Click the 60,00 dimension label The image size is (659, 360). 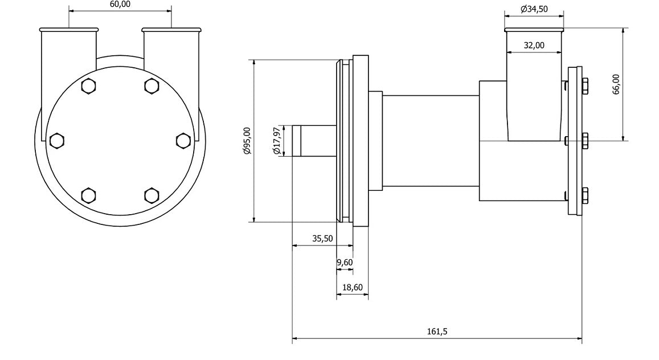(120, 4)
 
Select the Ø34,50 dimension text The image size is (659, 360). (534, 9)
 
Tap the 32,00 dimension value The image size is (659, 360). (534, 46)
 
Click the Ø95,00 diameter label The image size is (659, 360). (247, 141)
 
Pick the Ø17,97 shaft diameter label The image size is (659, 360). (277, 141)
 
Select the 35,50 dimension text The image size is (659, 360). (322, 239)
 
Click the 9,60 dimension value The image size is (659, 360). (345, 263)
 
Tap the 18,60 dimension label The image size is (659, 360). (352, 288)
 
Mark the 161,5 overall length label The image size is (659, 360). (437, 332)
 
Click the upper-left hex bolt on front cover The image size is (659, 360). (88, 86)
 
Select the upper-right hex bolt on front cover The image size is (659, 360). (151, 86)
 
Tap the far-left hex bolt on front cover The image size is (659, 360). (56, 140)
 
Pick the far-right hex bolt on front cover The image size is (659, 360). (183, 140)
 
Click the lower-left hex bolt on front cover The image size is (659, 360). (88, 195)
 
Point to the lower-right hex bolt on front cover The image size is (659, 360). (151, 195)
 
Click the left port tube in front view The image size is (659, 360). (69, 63)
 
